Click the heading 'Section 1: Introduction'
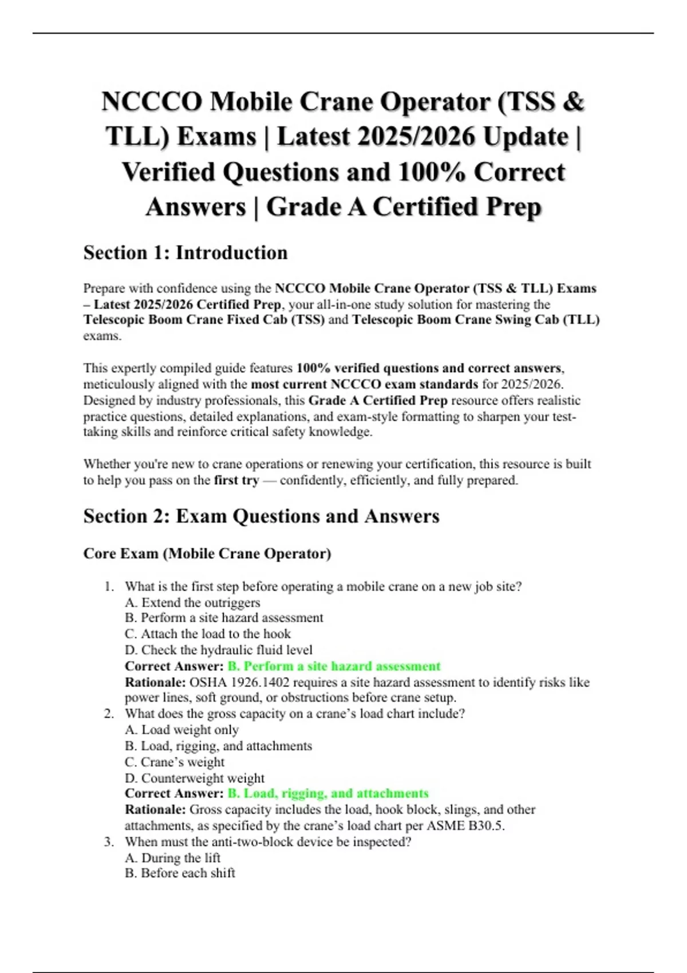tap(185, 252)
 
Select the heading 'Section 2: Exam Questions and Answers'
tap(261, 516)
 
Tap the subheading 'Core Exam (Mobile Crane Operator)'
tap(207, 553)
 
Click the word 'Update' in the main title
tap(525, 137)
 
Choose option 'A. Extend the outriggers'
tap(192, 602)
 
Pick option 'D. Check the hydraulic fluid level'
tap(219, 650)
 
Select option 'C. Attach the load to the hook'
tap(208, 634)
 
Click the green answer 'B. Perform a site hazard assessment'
tap(334, 666)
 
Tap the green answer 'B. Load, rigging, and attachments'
tap(328, 793)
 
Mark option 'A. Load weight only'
tap(181, 730)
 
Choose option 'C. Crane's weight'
tap(175, 762)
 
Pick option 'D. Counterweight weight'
tap(195, 778)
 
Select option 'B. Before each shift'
tap(180, 873)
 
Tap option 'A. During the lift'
tap(172, 857)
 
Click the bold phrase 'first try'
tap(236, 480)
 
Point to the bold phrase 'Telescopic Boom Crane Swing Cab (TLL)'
tap(476, 319)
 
